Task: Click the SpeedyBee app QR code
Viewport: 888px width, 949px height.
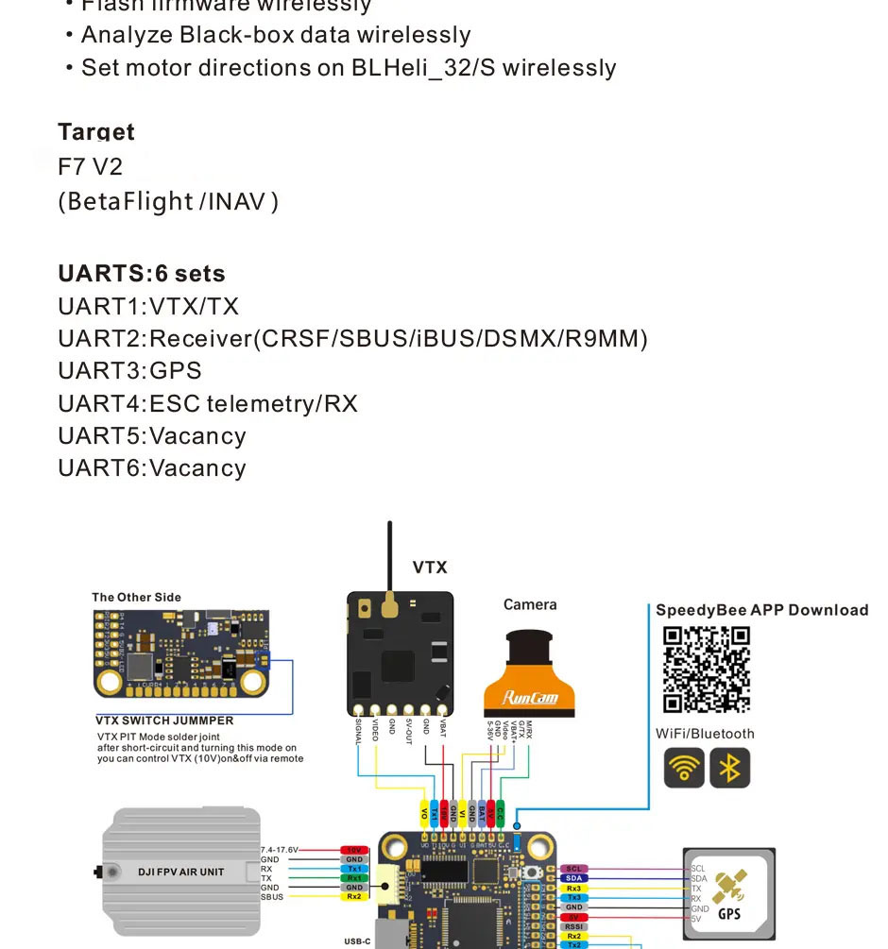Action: tap(707, 669)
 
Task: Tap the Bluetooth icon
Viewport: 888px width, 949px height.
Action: tap(729, 768)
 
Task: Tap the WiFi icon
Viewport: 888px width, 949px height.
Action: tap(684, 768)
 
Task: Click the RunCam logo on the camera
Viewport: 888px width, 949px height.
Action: tap(530, 699)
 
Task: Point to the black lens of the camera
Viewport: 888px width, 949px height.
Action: tap(530, 652)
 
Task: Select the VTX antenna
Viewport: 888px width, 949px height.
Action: tap(389, 567)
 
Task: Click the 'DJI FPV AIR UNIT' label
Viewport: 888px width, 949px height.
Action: tap(181, 872)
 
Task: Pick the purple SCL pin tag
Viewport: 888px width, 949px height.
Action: tap(573, 869)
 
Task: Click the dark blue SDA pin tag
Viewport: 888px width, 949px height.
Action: tap(573, 878)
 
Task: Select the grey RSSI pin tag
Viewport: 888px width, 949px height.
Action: tap(573, 926)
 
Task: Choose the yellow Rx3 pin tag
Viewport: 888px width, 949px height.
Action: tap(573, 889)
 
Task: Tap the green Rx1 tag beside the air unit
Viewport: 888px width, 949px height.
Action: tap(354, 878)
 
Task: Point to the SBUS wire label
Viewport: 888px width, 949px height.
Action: tap(272, 897)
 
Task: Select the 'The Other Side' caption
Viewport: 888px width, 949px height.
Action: tap(136, 597)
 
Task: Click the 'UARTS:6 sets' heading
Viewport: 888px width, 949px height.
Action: tap(142, 274)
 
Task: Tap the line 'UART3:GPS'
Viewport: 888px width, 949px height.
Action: tap(129, 370)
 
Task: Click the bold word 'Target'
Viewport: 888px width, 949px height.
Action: tap(96, 132)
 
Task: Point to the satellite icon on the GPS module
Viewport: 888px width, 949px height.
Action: tap(727, 888)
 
